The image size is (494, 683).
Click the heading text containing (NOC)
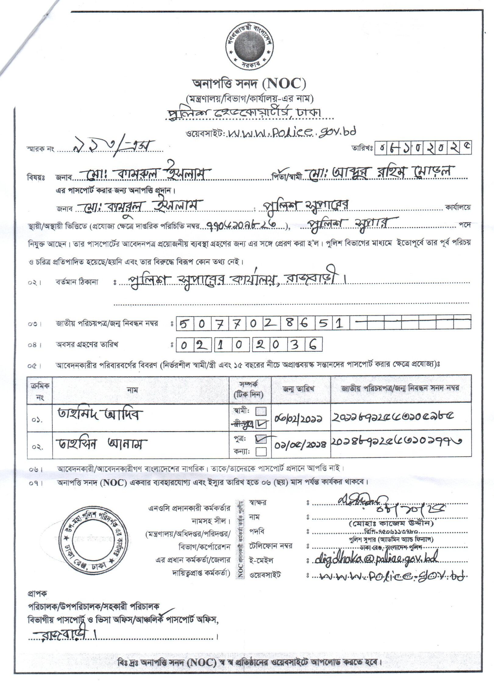[248, 84]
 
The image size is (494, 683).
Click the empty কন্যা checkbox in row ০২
[261, 451]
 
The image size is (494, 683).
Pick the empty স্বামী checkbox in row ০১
[261, 411]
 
